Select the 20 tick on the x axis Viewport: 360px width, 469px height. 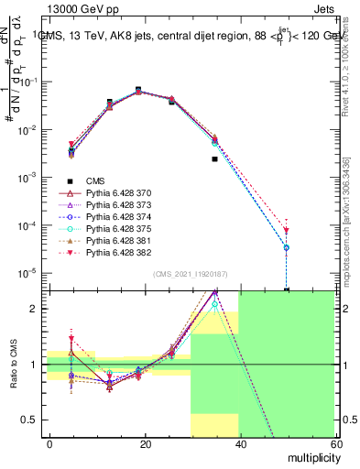(x=144, y=442)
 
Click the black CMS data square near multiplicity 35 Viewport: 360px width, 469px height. (x=215, y=159)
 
